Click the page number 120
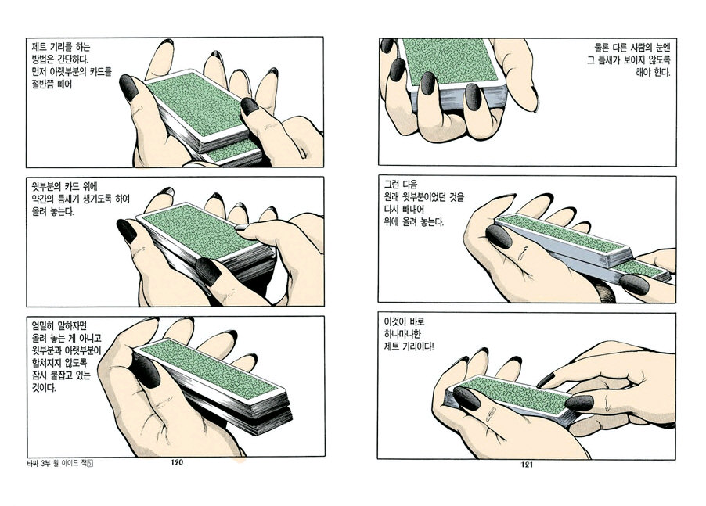coord(177,462)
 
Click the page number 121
coord(527,465)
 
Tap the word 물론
coord(602,47)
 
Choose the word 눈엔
coord(662,47)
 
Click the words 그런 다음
coord(401,184)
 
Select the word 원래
coord(392,197)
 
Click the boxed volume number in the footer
coord(90,464)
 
